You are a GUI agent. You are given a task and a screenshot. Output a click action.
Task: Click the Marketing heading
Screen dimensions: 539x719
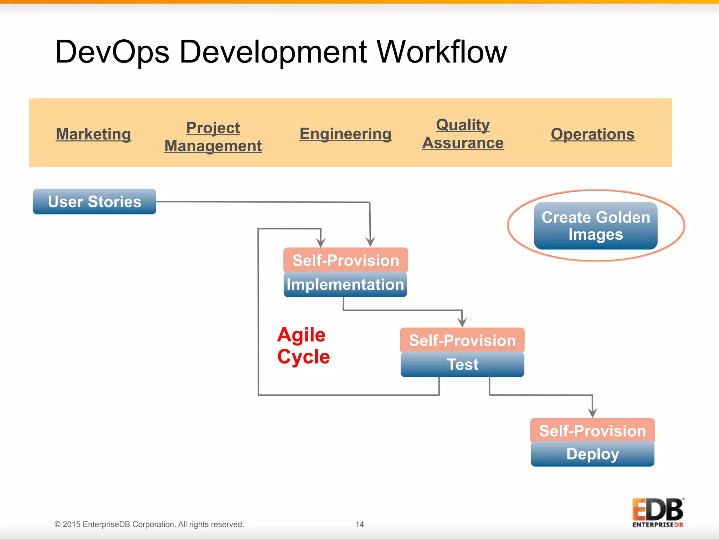pyautogui.click(x=93, y=134)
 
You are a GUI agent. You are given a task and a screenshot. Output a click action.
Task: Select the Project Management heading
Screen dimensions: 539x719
pyautogui.click(x=213, y=137)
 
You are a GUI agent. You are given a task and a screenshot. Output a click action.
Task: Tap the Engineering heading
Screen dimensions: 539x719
pyautogui.click(x=345, y=134)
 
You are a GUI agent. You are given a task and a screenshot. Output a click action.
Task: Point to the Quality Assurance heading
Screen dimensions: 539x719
pyautogui.click(x=463, y=134)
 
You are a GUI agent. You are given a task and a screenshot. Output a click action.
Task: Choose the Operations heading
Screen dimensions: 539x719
pyautogui.click(x=593, y=134)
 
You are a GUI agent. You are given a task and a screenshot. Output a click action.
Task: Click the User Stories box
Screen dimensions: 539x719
pyautogui.click(x=94, y=202)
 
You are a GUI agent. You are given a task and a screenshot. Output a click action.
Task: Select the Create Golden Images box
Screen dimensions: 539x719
pyautogui.click(x=596, y=226)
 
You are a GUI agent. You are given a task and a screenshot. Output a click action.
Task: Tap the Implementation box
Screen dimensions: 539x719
pyautogui.click(x=345, y=285)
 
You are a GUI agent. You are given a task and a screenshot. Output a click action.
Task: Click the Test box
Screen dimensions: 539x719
pyautogui.click(x=462, y=365)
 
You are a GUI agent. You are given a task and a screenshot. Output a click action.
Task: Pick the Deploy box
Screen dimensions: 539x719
pyautogui.click(x=593, y=454)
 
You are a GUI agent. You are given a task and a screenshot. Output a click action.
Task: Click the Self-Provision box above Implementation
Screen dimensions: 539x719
pyautogui.click(x=345, y=260)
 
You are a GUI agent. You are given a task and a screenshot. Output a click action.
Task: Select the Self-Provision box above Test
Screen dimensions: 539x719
pyautogui.click(x=462, y=340)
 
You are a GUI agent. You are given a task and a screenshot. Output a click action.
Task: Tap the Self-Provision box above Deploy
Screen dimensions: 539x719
pyautogui.click(x=593, y=431)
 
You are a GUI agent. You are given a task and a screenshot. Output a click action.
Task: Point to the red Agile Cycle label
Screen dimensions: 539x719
pyautogui.click(x=303, y=346)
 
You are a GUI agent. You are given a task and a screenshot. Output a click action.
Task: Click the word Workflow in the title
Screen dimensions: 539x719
pyautogui.click(x=442, y=52)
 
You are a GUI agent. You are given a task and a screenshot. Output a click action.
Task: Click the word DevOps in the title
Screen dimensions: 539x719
pyautogui.click(x=112, y=52)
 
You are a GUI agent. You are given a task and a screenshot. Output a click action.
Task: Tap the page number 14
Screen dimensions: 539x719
pyautogui.click(x=359, y=524)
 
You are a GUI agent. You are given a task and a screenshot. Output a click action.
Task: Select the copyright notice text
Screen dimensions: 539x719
pyautogui.click(x=149, y=524)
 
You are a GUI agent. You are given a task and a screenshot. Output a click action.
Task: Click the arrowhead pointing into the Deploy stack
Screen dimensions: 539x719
pyautogui.click(x=593, y=413)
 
